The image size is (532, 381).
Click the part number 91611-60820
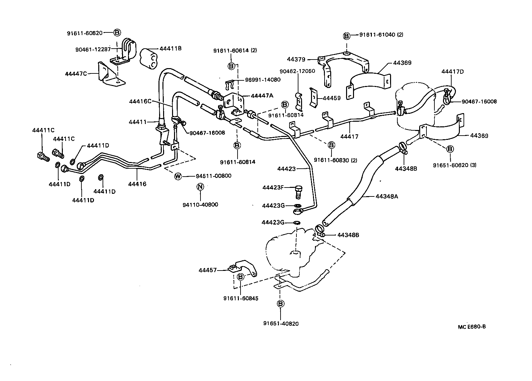coord(85,33)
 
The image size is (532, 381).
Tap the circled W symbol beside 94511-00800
coord(178,176)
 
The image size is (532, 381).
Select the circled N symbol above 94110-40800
coord(200,187)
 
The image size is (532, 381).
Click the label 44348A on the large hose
coord(386,196)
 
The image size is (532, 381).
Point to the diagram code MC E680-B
coord(472,327)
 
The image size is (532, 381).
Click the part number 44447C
coord(76,73)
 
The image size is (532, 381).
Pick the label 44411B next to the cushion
coord(171,49)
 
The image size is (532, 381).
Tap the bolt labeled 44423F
coord(298,191)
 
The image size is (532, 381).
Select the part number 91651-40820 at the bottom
coord(281,323)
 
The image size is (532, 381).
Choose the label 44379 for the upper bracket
coord(296,59)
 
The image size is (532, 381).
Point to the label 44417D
coord(453,71)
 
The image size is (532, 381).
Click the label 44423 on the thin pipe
coord(286,169)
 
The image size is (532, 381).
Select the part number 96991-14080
coord(262,80)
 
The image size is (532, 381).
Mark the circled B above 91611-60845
coord(241,276)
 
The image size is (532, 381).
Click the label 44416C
coord(140,101)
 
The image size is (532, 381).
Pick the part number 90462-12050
coord(297,71)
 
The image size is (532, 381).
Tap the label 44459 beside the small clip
coord(331,98)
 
